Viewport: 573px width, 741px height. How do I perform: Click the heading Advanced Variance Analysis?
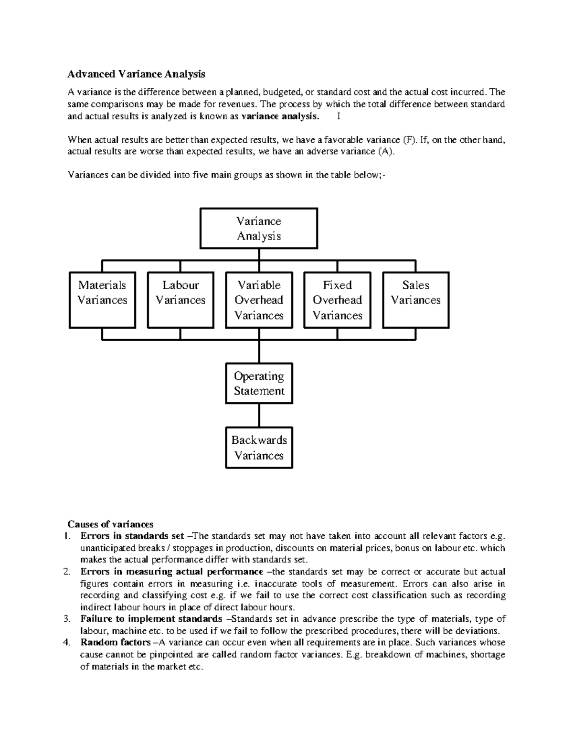(136, 74)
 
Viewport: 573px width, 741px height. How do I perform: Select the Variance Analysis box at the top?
(258, 229)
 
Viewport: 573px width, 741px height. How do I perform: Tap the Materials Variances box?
(102, 300)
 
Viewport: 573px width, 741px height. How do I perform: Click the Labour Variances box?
(180, 300)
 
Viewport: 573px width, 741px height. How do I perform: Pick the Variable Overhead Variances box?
(259, 300)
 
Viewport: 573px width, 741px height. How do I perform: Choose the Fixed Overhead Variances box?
(337, 300)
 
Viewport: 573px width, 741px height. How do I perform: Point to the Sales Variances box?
(415, 300)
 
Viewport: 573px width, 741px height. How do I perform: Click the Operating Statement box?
(259, 384)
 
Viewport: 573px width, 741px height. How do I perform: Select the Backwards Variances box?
(259, 448)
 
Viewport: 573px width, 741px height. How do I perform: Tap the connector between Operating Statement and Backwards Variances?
(259, 415)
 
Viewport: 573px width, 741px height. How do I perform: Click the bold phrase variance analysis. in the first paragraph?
(280, 116)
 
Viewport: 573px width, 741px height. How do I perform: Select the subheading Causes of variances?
(110, 524)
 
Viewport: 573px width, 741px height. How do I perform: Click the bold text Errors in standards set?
(132, 536)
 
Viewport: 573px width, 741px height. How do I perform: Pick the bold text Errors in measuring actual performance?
(172, 572)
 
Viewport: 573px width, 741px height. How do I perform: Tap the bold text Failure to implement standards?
(151, 619)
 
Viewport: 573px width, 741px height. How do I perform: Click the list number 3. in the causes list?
(67, 619)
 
